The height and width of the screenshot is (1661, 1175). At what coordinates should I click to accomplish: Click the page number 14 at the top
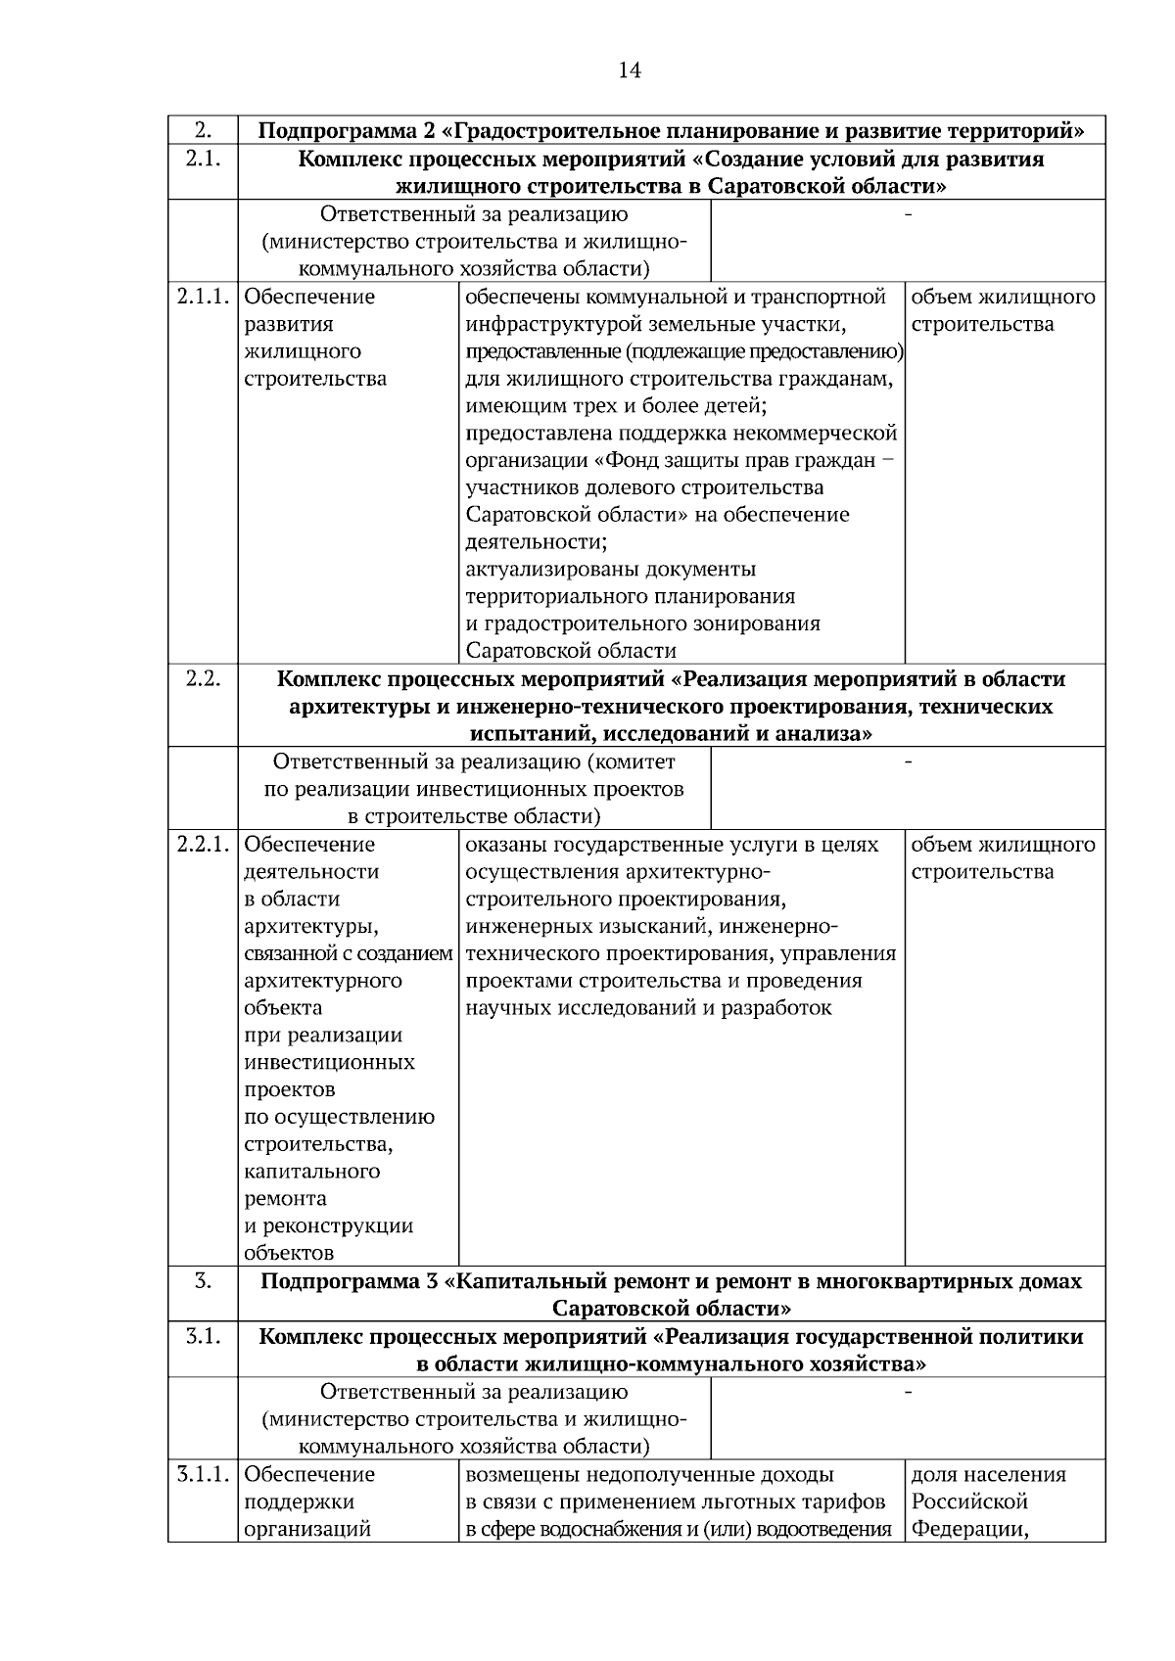tap(630, 70)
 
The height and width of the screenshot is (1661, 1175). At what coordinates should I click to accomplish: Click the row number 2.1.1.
tap(203, 297)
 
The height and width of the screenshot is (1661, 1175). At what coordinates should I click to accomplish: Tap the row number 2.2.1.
tap(203, 845)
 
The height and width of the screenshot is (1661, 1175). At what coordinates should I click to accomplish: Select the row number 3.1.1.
tap(203, 1474)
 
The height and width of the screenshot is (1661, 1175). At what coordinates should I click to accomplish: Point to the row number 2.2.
tap(202, 679)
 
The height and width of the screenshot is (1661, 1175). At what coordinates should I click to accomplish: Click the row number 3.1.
tap(202, 1336)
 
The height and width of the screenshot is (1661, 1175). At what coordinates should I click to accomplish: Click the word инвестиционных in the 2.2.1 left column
tap(329, 1063)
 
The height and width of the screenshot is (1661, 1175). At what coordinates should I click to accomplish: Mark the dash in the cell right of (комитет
tap(908, 761)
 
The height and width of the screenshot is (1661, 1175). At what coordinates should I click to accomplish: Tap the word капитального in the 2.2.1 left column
tap(311, 1172)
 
